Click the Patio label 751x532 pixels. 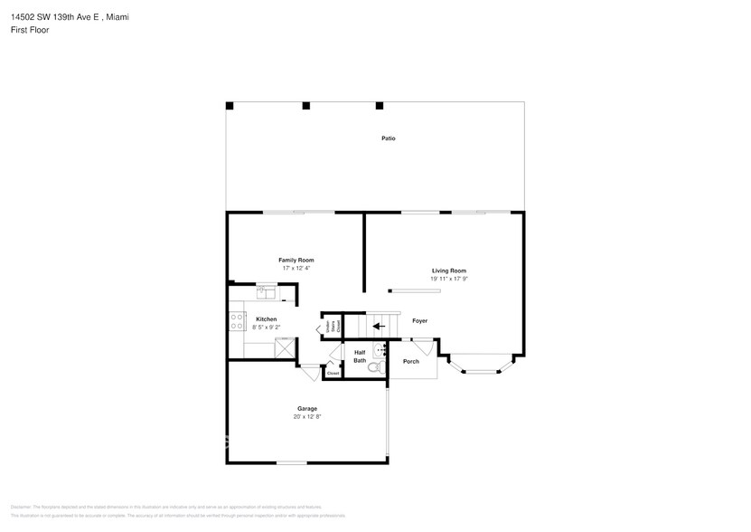pos(388,138)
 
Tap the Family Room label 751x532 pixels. pos(296,261)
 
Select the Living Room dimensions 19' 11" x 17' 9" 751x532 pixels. pos(448,280)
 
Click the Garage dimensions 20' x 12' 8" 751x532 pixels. pos(307,417)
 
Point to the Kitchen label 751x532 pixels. pos(266,319)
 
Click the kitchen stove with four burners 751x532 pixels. pos(238,320)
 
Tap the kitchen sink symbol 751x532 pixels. pos(267,291)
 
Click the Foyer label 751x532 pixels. pos(419,321)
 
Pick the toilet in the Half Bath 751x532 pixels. pos(379,368)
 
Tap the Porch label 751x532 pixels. pos(411,362)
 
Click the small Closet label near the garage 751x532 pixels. pos(333,373)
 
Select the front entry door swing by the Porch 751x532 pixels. pos(422,347)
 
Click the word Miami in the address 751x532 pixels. pos(117,16)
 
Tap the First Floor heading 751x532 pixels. pos(31,30)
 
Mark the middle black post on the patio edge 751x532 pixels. pos(305,106)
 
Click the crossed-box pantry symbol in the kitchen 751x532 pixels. pos(284,347)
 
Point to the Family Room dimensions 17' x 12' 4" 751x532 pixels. pos(296,269)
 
